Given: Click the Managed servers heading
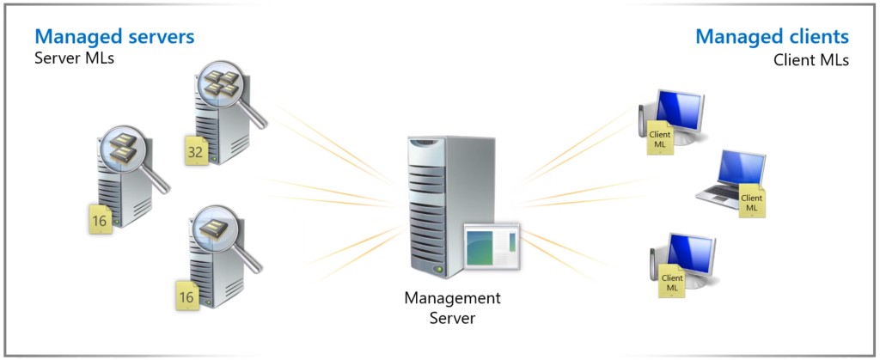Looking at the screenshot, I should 113,37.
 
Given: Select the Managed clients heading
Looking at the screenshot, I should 772,37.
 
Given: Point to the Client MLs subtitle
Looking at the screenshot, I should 810,60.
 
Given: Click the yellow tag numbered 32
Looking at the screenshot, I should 195,153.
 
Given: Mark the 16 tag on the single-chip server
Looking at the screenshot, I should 186,296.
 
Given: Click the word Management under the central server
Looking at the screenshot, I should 452,299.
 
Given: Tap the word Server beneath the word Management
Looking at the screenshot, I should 452,318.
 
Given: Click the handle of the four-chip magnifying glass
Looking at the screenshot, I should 255,118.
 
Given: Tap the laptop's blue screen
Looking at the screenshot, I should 740,168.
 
